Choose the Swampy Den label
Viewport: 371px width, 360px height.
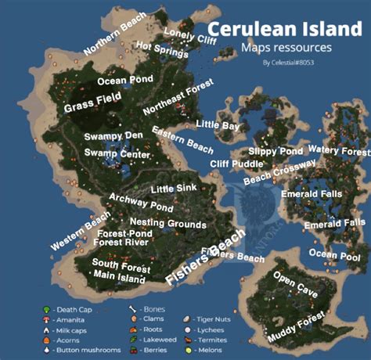tap(113, 136)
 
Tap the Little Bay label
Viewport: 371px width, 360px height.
tap(218, 124)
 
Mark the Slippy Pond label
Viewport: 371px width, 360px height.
tap(276, 150)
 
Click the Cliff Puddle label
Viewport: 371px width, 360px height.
tap(236, 164)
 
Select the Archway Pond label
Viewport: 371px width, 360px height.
tap(141, 203)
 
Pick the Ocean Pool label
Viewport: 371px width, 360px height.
tap(334, 255)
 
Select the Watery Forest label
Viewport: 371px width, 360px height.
tap(338, 149)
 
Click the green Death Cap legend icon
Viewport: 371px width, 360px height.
tap(48, 309)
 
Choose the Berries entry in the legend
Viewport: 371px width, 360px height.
tap(150, 351)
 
